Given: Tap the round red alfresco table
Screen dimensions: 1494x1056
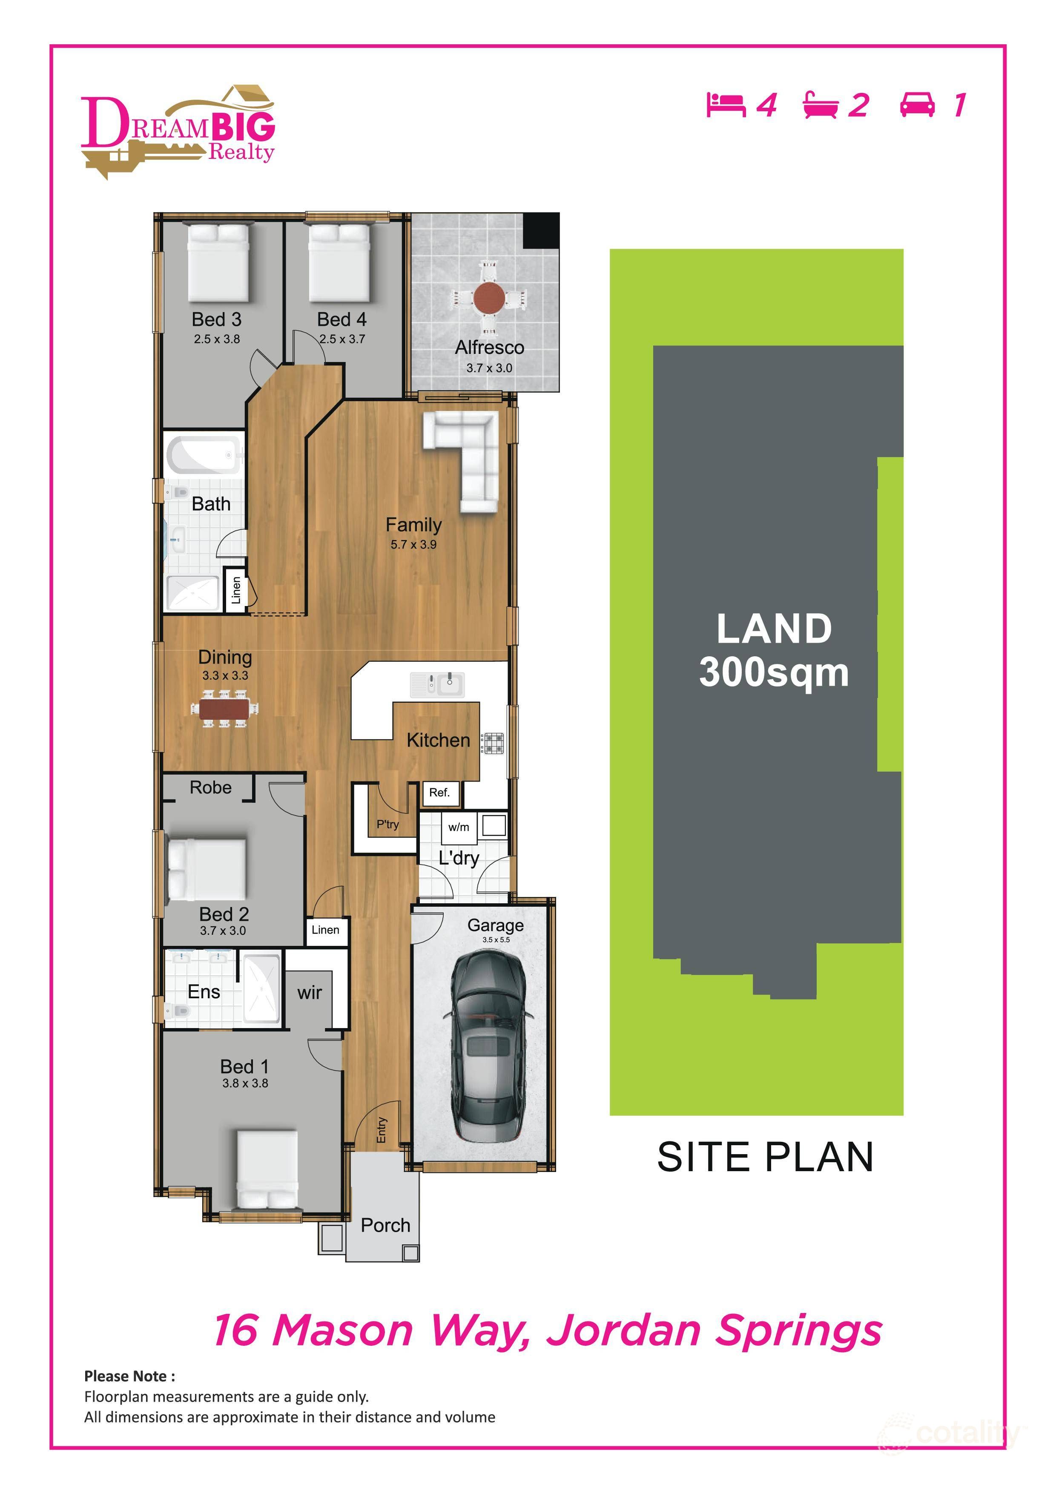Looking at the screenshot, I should [x=489, y=297].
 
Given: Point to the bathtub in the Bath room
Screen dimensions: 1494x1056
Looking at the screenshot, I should [x=204, y=454].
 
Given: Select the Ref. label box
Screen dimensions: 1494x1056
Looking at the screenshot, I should [x=440, y=793].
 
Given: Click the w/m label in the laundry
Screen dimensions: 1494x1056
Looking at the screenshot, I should [x=458, y=827].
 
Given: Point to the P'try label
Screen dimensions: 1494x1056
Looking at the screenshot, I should [x=388, y=825].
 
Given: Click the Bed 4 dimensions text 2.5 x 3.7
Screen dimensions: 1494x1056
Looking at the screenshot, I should [x=342, y=339].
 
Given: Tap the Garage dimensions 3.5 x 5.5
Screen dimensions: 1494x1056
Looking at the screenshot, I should [x=496, y=939].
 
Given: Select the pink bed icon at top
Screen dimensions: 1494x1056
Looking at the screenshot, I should [x=726, y=105].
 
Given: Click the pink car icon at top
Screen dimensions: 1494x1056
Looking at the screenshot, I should [x=918, y=105].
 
